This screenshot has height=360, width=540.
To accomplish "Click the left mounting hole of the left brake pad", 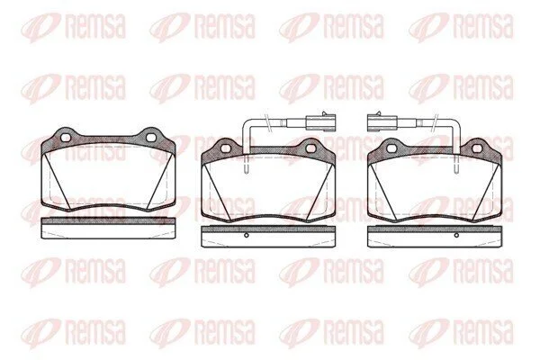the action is click(x=66, y=138).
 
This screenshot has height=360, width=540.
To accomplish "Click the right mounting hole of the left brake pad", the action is click(x=151, y=138).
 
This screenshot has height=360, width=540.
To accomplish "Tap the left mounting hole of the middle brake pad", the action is click(x=225, y=148).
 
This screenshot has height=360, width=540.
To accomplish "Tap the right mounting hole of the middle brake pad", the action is click(x=310, y=148).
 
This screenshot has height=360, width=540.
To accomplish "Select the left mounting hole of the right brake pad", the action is click(x=391, y=148).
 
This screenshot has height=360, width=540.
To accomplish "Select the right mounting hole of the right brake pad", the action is click(x=477, y=148).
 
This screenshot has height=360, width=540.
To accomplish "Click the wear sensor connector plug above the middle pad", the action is click(x=320, y=122).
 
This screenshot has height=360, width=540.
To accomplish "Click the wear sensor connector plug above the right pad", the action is click(x=382, y=122).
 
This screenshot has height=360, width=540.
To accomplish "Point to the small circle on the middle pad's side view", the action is click(x=246, y=235).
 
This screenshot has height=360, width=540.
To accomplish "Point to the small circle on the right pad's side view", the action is click(x=456, y=235).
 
